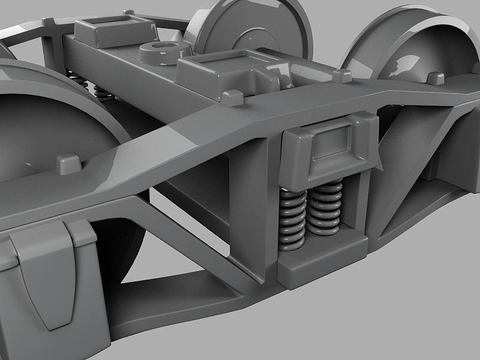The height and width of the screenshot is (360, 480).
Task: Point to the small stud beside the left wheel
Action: coord(68,161)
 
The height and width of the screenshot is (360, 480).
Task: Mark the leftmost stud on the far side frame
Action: coord(50,22)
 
